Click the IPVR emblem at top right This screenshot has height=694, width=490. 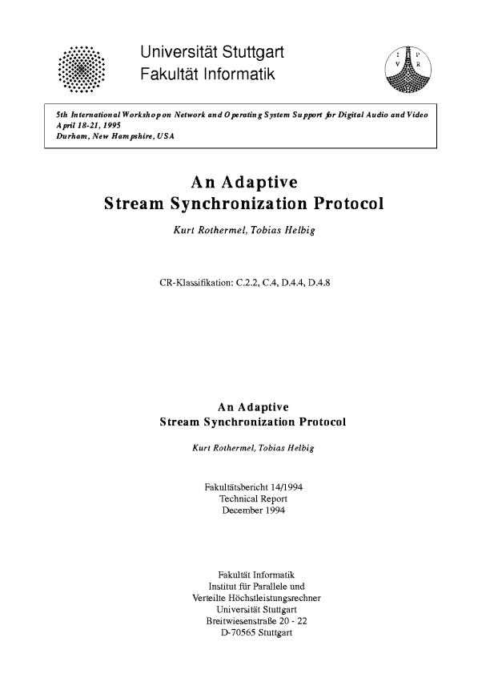pyautogui.click(x=409, y=67)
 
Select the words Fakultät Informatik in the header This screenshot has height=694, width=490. pyautogui.click(x=207, y=75)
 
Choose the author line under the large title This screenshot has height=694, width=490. pyautogui.click(x=244, y=232)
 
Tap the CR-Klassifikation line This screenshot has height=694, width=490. pyautogui.click(x=246, y=283)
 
